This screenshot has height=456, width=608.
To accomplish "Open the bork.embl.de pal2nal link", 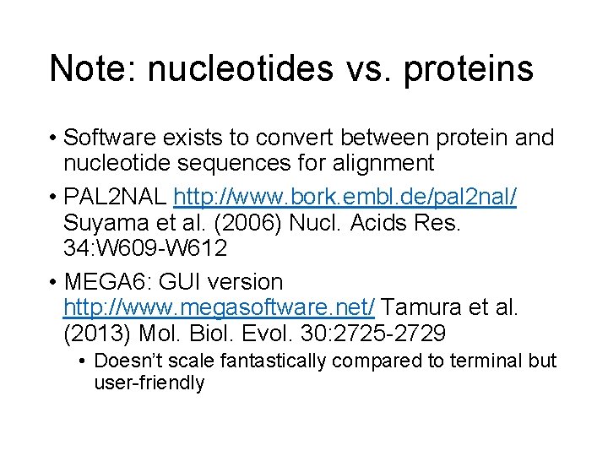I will coord(345,198).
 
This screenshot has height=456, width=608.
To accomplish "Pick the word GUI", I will coord(186,281).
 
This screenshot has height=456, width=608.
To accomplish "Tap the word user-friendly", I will coord(149,383).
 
